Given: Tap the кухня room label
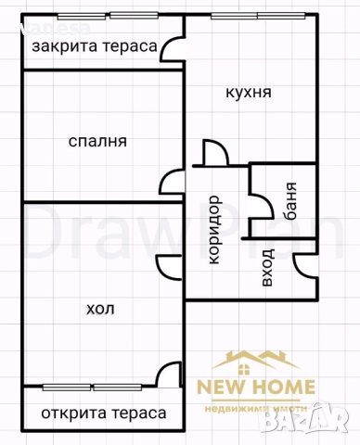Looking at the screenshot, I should pyautogui.click(x=248, y=93).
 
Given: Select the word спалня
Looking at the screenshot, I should pyautogui.click(x=97, y=142).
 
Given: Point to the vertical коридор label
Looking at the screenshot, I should pyautogui.click(x=213, y=228).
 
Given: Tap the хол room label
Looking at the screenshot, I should pyautogui.click(x=100, y=309).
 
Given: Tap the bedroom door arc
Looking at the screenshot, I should pyautogui.click(x=171, y=183).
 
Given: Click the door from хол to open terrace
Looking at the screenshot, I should pyautogui.click(x=169, y=374).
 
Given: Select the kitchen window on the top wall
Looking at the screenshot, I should pyautogui.click(x=245, y=17).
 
